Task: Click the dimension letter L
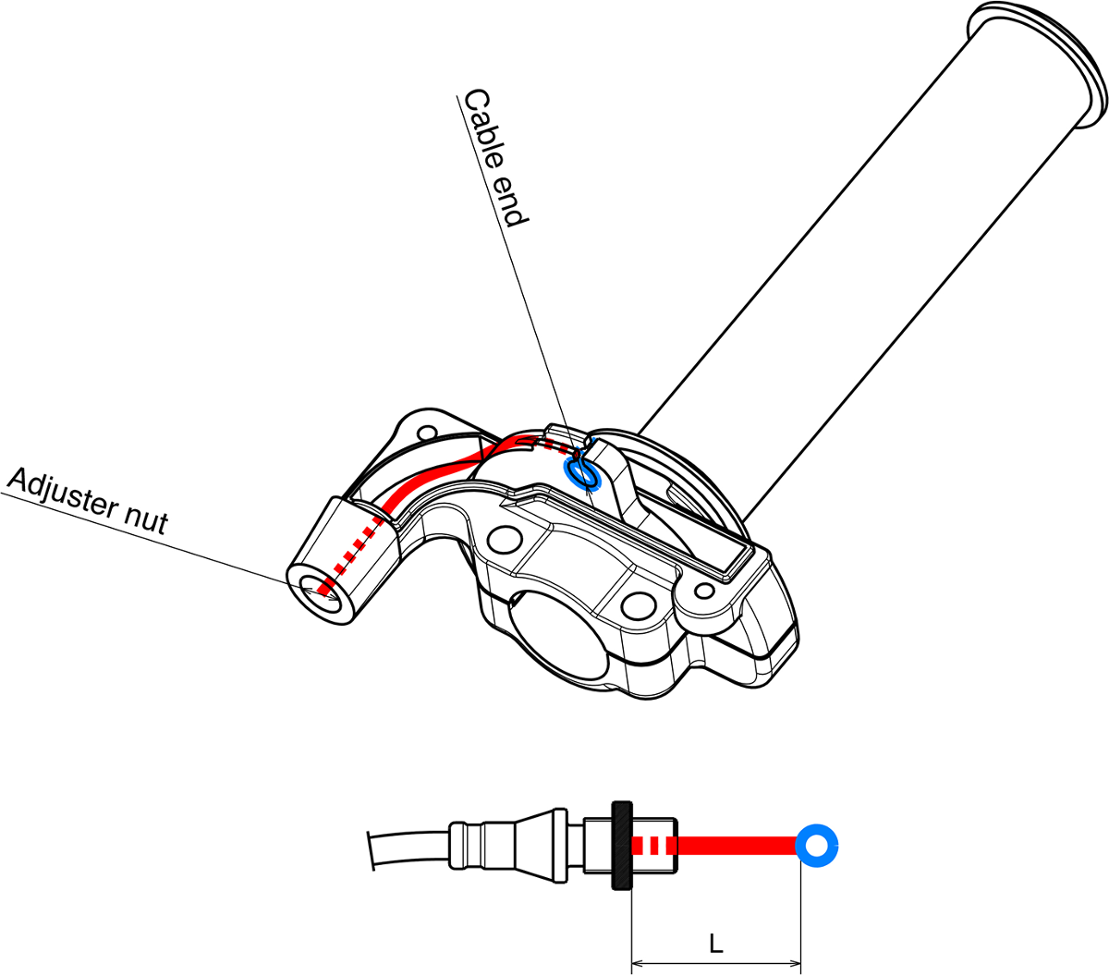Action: coord(715,944)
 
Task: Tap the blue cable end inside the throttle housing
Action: coord(582,473)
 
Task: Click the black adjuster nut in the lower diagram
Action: coord(621,845)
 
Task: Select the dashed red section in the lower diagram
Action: coord(651,845)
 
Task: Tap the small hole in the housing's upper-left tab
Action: coord(426,432)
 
